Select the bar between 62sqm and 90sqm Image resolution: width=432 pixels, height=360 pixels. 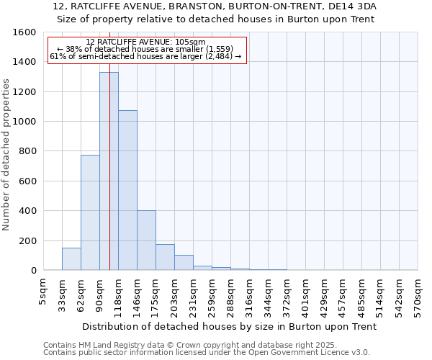(x=90, y=212)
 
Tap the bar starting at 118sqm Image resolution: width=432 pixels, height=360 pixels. (x=127, y=190)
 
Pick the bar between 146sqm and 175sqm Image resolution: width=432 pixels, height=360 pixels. (x=146, y=240)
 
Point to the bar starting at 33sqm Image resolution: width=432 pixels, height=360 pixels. (x=71, y=259)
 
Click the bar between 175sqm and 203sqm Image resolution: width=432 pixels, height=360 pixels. (x=165, y=257)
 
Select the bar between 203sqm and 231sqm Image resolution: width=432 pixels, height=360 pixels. (x=184, y=263)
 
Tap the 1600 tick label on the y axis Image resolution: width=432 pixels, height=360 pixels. (x=24, y=32)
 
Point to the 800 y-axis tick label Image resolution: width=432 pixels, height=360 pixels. (x=27, y=151)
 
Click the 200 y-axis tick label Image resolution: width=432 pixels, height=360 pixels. (x=27, y=240)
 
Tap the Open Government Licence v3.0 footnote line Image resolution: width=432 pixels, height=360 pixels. (x=207, y=352)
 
